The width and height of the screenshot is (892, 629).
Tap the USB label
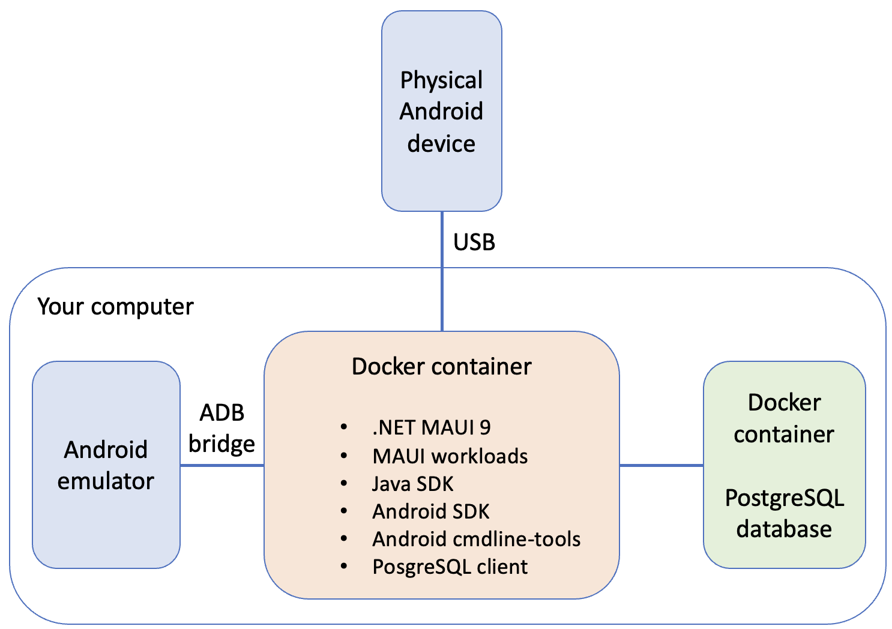(474, 242)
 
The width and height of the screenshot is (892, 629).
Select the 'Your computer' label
(115, 307)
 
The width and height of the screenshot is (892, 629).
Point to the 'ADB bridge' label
(221, 429)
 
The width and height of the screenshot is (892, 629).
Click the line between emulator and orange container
(221, 465)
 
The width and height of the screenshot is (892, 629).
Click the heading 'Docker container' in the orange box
(441, 367)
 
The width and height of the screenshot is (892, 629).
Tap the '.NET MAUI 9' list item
(431, 427)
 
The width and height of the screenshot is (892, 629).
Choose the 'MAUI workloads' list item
(450, 456)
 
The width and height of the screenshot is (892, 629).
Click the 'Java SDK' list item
(412, 484)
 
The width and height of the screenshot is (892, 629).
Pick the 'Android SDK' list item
(430, 511)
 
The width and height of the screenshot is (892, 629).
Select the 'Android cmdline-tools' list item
(476, 539)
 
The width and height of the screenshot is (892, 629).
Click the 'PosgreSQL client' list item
(450, 567)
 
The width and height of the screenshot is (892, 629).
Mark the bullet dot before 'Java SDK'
(344, 483)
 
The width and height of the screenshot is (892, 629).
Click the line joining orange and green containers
(661, 465)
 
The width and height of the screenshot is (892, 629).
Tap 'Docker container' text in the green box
(784, 418)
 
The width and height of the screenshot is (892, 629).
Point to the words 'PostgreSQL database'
(784, 514)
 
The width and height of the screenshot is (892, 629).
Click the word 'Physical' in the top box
(441, 80)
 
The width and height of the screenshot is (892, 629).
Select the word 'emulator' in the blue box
(106, 481)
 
